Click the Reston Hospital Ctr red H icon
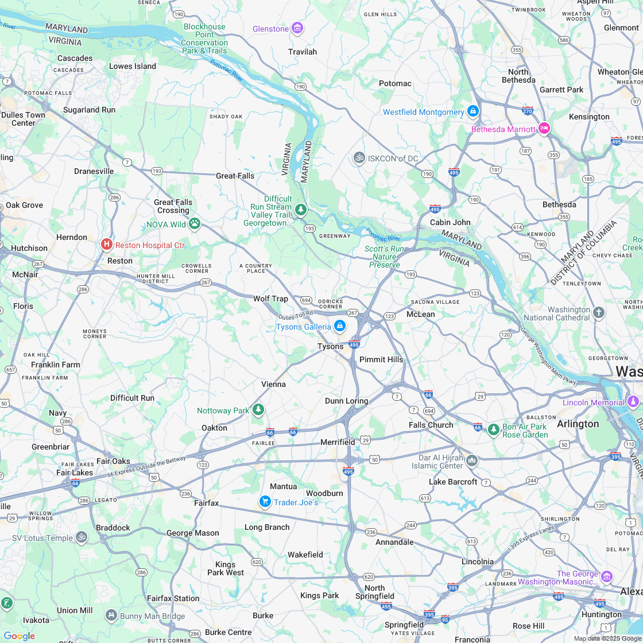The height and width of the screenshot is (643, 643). [x=106, y=245]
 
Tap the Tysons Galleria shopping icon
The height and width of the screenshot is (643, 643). [x=339, y=326]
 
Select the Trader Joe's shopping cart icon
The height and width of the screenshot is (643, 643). [x=265, y=502]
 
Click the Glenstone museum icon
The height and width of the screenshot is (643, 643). [x=297, y=28]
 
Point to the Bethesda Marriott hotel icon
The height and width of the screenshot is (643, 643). [x=544, y=129]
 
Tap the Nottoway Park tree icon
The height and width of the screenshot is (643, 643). [x=259, y=410]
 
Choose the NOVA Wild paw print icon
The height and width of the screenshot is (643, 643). [x=195, y=224]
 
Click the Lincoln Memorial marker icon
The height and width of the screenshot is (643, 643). [x=633, y=402]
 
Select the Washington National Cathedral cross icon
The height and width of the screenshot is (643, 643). [x=599, y=313]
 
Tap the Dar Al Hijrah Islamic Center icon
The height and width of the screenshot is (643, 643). [x=472, y=460]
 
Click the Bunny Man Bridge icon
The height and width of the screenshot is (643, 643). [x=111, y=616]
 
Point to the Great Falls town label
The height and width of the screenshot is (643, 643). [x=235, y=176]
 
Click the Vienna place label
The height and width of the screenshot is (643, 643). [x=273, y=384]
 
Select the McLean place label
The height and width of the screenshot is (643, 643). [x=420, y=314]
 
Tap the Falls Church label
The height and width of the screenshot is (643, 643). [x=431, y=425]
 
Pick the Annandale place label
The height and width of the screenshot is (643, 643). [x=394, y=542]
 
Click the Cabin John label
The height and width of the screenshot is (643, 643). [x=450, y=222]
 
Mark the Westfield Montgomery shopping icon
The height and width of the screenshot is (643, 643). [x=472, y=111]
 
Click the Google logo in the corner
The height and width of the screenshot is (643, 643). [x=19, y=636]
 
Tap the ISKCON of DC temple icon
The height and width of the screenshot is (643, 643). [x=359, y=157]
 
